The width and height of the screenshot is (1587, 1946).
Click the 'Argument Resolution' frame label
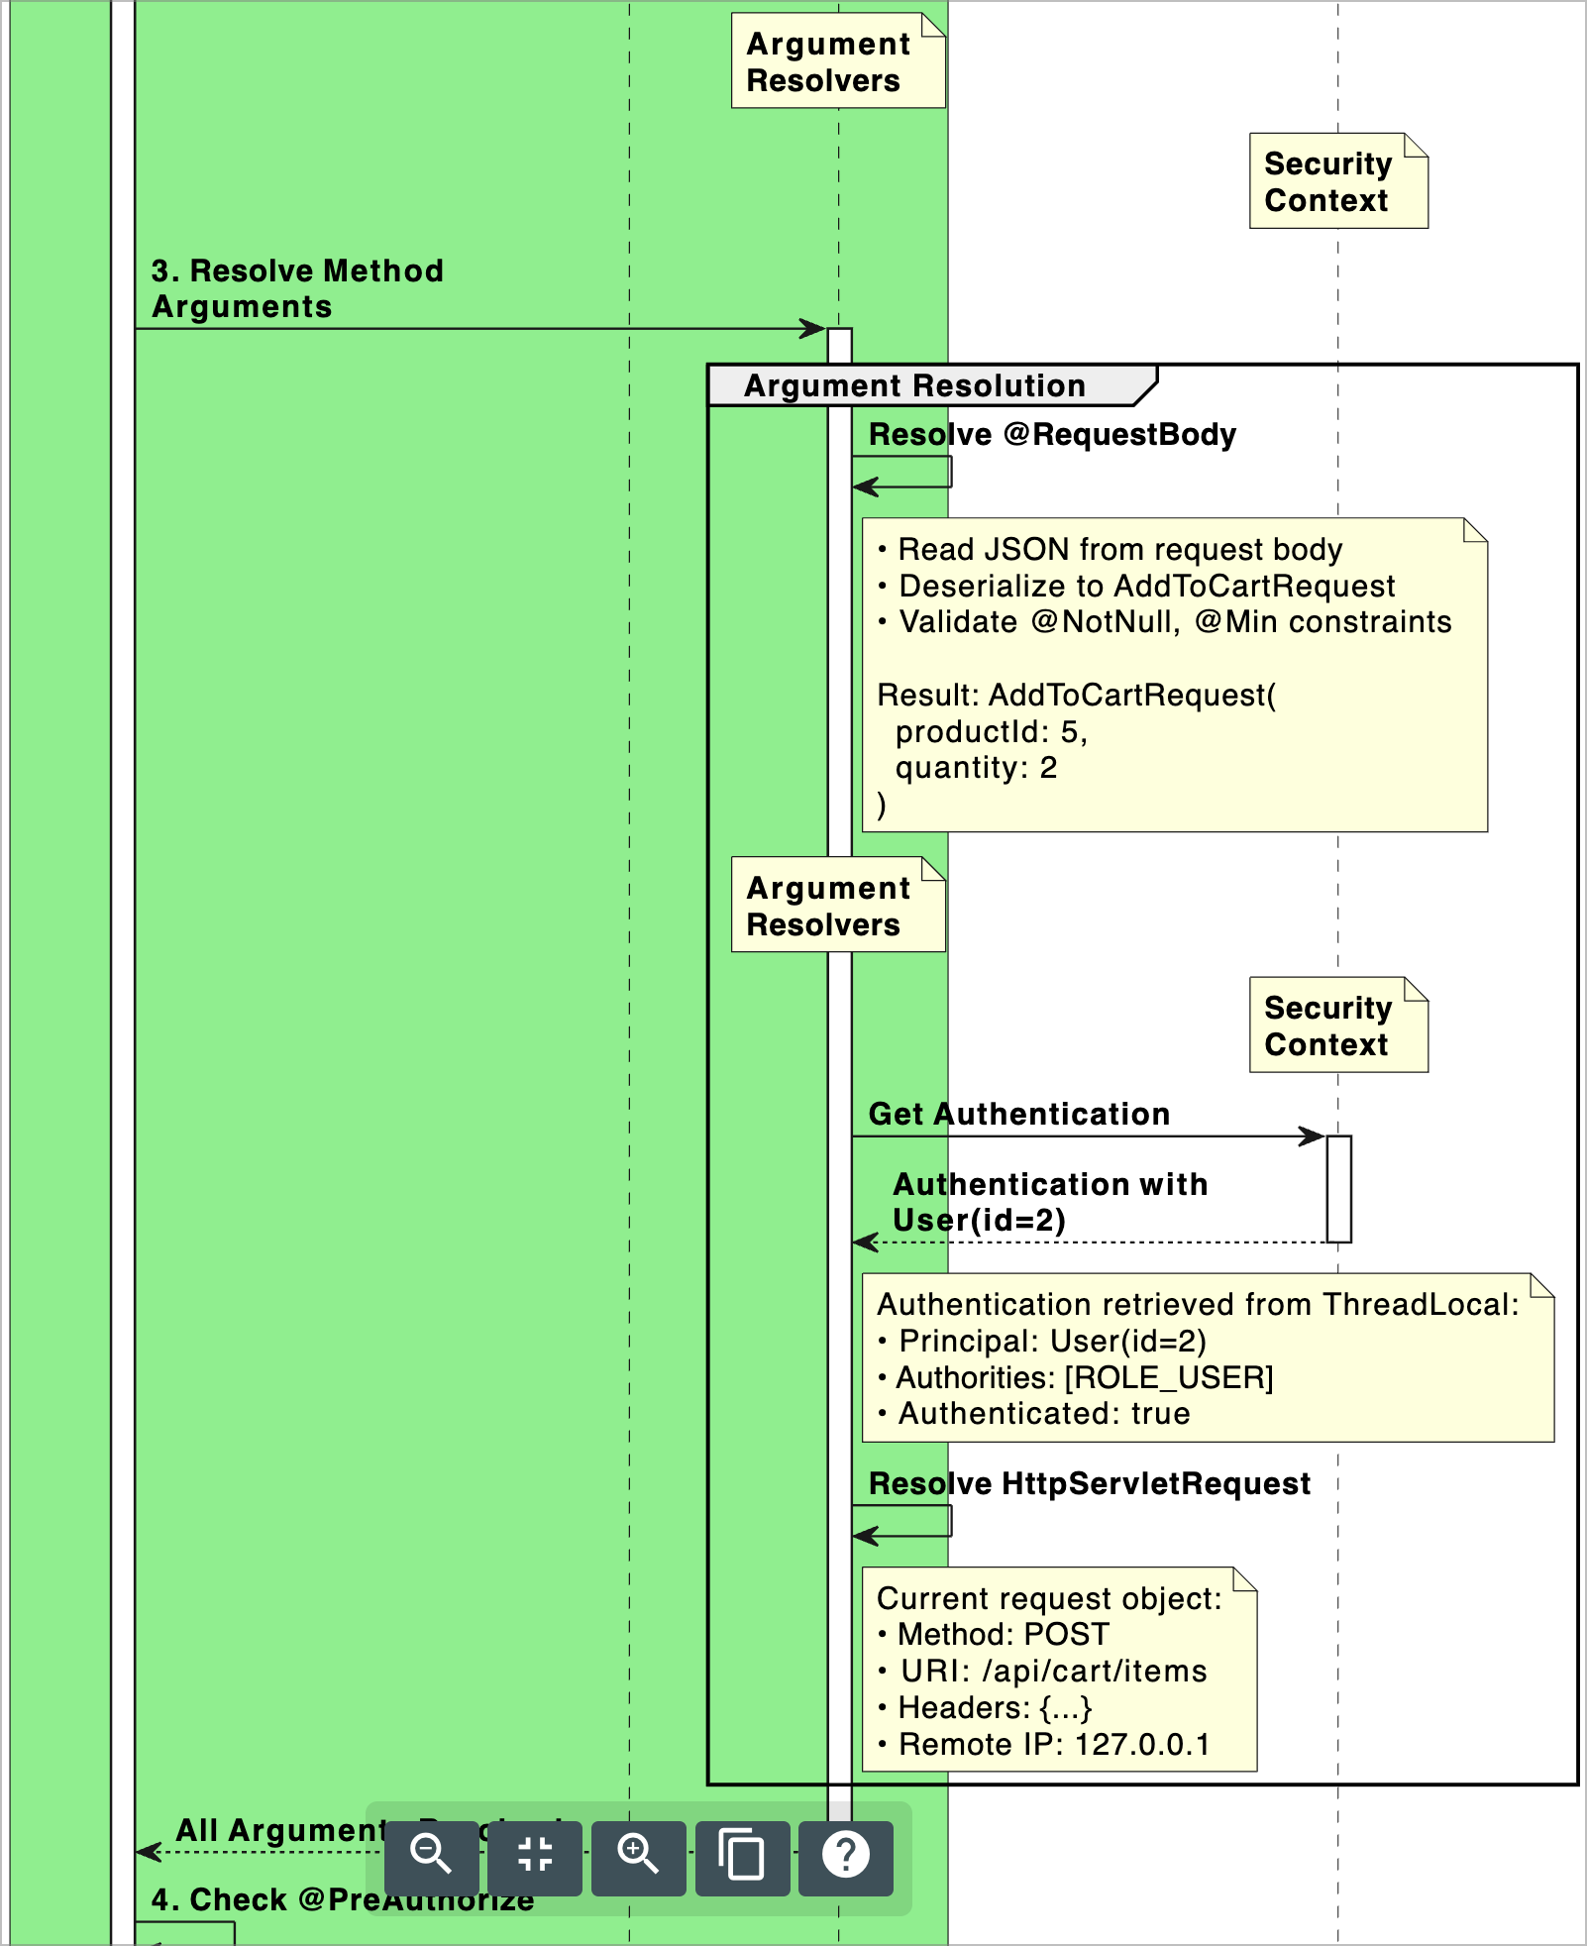pos(914,385)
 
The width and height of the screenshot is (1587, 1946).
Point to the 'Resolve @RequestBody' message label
pos(1051,435)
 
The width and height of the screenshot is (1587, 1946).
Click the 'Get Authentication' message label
pos(1018,1114)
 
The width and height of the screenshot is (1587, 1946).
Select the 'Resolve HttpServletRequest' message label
pos(1089,1483)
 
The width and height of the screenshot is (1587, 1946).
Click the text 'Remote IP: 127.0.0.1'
pos(1054,1744)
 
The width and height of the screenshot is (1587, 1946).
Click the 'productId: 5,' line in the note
pos(991,731)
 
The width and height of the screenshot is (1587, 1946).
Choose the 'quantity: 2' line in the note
pos(976,768)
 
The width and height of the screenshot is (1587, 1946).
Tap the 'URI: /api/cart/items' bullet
pos(1053,1672)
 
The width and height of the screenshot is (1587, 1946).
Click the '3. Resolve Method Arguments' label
pos(296,288)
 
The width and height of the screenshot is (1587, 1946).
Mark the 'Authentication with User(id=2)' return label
pos(1049,1202)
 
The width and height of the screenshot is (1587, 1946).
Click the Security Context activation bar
pos(1338,1189)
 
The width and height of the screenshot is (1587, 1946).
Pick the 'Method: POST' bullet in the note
pos(1003,1635)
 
